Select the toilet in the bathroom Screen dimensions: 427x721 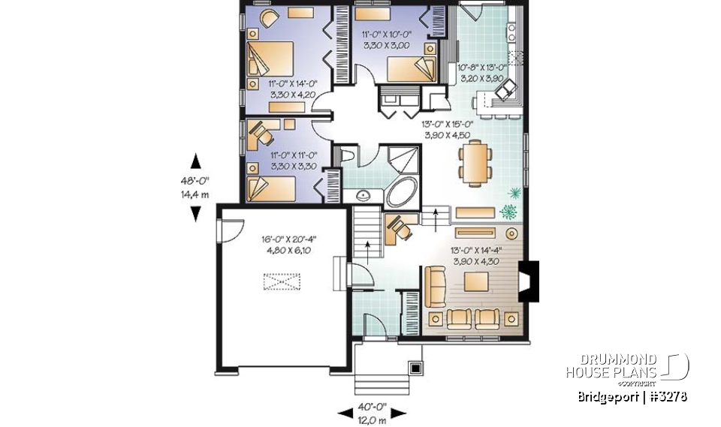coord(348,155)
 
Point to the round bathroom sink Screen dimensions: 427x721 coord(364,196)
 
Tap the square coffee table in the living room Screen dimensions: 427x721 coord(477,281)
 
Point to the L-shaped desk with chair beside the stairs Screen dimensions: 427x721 coord(397,228)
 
